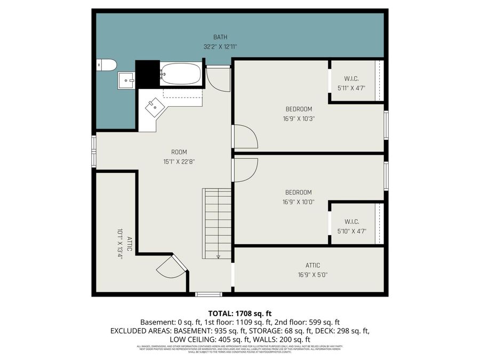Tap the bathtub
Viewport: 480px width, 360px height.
tap(181, 74)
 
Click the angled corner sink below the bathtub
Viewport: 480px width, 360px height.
tap(155, 107)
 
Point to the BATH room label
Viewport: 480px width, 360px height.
tap(220, 37)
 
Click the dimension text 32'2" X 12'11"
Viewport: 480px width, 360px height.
tap(220, 46)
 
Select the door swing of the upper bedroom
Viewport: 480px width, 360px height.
tap(244, 137)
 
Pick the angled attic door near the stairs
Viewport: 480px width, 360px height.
tap(171, 266)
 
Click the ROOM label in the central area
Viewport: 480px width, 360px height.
tap(179, 152)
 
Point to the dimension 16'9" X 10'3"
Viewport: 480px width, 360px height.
tap(298, 118)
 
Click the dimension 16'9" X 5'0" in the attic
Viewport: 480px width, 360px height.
tap(313, 275)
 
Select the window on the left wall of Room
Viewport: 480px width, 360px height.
tap(94, 151)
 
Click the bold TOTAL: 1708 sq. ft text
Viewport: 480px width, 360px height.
tap(239, 313)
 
